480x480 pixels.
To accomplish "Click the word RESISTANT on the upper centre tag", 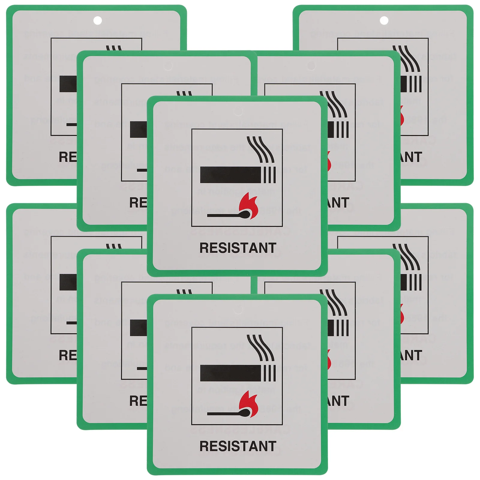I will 238,248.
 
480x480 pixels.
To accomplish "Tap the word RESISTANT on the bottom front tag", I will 238,446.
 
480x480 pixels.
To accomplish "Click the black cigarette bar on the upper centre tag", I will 230,175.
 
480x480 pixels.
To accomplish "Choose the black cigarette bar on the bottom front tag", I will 230,373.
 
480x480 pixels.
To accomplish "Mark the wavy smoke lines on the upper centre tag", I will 260,149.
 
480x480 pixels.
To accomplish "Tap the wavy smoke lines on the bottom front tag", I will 260,347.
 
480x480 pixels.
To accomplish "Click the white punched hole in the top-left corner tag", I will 97,21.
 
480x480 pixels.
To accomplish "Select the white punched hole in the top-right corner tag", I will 384,21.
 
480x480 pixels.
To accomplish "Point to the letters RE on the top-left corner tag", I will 67,157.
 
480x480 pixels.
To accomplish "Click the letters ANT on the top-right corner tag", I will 411,157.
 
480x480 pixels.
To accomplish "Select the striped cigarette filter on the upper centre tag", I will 269,175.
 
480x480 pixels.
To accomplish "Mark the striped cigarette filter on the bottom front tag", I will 269,373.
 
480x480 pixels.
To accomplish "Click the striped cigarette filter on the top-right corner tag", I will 415,84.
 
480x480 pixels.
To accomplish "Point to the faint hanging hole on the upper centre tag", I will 238,111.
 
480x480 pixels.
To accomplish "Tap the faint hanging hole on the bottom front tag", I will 238,309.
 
